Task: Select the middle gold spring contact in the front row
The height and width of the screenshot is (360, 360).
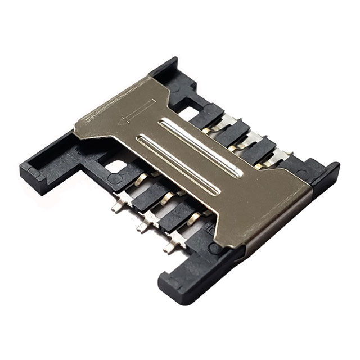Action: click(x=167, y=198)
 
